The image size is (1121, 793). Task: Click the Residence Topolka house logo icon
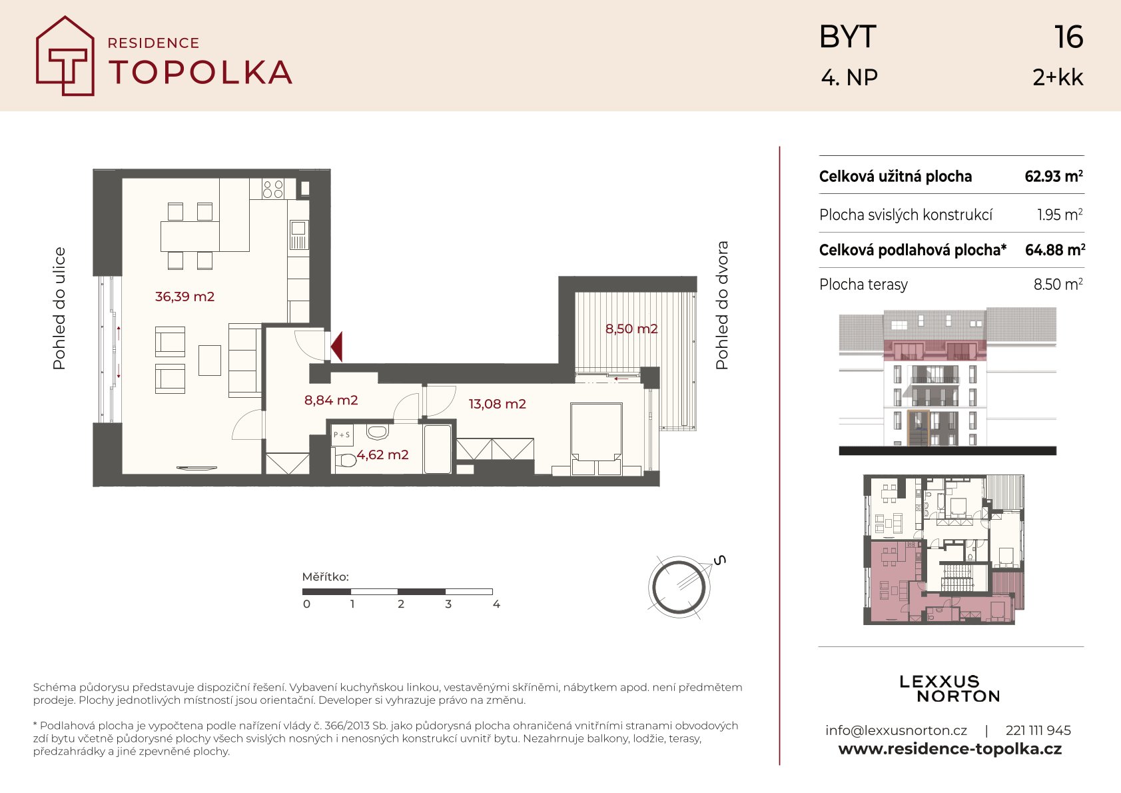coord(65,56)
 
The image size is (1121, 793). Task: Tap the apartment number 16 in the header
coord(1068,37)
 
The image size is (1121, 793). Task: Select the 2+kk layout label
coord(1058,77)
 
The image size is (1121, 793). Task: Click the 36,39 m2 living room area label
coord(185,297)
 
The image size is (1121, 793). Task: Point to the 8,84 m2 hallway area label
coord(331,400)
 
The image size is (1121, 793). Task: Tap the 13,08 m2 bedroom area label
coord(497,404)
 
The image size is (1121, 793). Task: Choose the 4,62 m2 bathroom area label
coord(382,454)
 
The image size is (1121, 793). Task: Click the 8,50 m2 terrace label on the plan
coord(631,329)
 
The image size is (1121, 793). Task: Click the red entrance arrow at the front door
coord(337,346)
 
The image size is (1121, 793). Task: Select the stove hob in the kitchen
coord(273,189)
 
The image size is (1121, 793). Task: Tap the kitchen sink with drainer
coord(298,235)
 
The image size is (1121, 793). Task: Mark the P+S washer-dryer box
coord(342,434)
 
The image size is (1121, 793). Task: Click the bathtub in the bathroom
coord(438,449)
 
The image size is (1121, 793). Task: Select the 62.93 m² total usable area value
coord(1054,176)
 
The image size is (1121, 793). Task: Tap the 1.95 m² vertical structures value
coord(1060,215)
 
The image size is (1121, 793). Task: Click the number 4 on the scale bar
coord(496,604)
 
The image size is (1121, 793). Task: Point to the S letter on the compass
coord(719,560)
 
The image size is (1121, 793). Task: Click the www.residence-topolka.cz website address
coord(950,749)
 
